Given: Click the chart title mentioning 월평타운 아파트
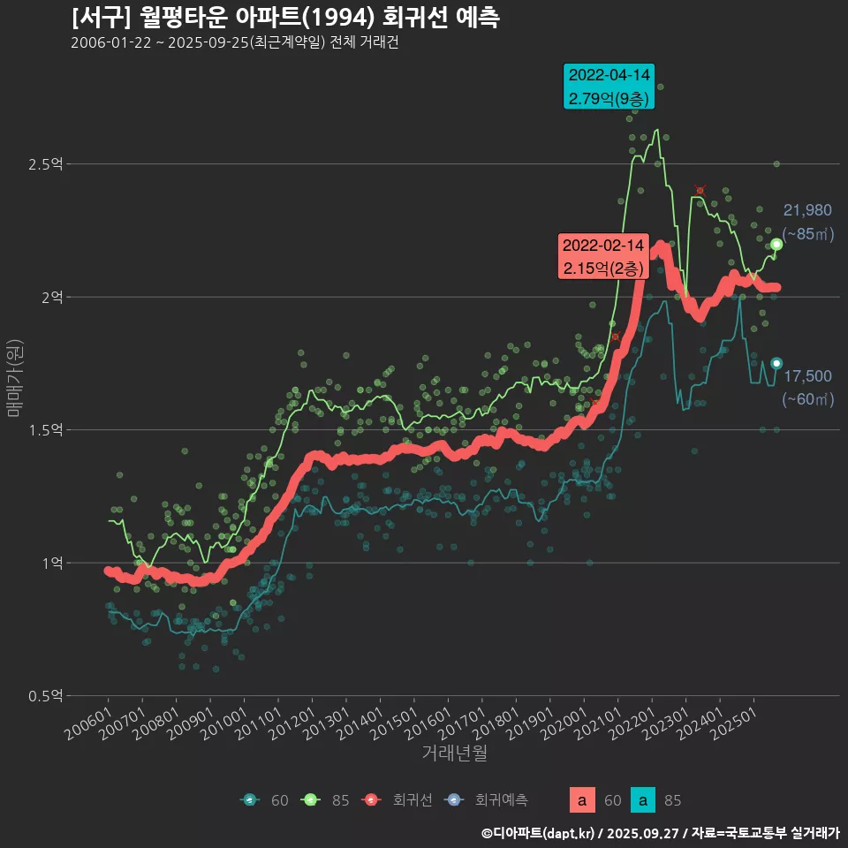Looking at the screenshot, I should click(284, 18).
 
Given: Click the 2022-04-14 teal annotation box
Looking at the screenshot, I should click(609, 87).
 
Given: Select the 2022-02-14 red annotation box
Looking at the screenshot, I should click(603, 256).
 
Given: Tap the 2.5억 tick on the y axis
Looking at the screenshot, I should click(45, 164).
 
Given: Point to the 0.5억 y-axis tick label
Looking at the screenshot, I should click(45, 696).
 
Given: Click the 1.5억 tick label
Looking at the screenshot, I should click(45, 430).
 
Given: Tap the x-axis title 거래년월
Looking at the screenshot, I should click(454, 753).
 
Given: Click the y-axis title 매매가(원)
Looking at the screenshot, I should click(14, 377).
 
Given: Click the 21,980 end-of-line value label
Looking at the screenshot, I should click(807, 210).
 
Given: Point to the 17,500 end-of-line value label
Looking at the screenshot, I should click(807, 376).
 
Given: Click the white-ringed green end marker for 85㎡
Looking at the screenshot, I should click(776, 245).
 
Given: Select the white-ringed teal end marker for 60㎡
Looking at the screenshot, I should click(776, 363).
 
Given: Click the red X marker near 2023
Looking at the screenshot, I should click(700, 191).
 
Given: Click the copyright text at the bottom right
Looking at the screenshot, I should click(660, 833).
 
